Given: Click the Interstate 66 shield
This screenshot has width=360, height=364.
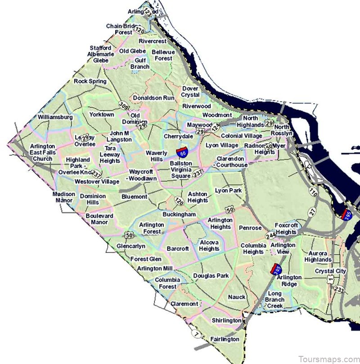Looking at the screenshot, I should click(182, 152).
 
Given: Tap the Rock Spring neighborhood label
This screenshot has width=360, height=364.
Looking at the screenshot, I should click(90, 82).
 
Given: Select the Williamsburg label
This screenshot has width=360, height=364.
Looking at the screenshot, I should click(55, 117).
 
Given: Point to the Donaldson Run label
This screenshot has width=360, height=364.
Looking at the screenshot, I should click(153, 97).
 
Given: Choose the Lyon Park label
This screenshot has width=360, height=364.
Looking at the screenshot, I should click(228, 191).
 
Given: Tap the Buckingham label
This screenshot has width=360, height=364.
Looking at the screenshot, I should click(179, 214).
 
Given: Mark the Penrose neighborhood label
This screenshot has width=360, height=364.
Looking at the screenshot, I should click(250, 228).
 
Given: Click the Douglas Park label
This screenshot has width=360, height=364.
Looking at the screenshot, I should click(211, 276).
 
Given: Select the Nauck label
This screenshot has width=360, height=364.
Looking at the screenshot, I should click(237, 297).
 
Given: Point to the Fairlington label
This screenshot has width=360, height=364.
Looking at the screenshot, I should click(225, 339).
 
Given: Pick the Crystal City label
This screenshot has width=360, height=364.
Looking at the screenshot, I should click(330, 271).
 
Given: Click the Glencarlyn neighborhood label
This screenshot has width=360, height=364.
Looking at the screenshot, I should click(130, 246).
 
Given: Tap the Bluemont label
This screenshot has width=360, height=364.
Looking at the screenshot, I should click(134, 197).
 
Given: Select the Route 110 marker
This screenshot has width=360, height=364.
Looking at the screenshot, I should click(314, 192).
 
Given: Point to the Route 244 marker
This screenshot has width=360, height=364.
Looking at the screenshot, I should click(270, 236).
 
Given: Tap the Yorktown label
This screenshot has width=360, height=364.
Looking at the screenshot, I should click(102, 114).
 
